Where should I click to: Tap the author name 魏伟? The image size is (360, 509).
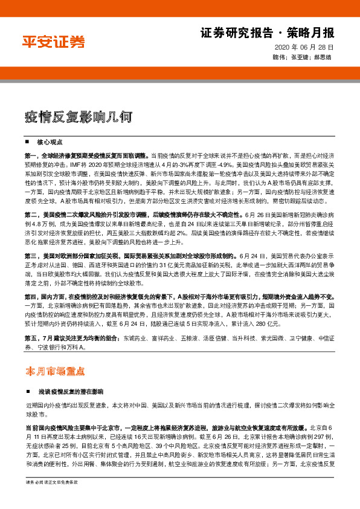280,57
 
